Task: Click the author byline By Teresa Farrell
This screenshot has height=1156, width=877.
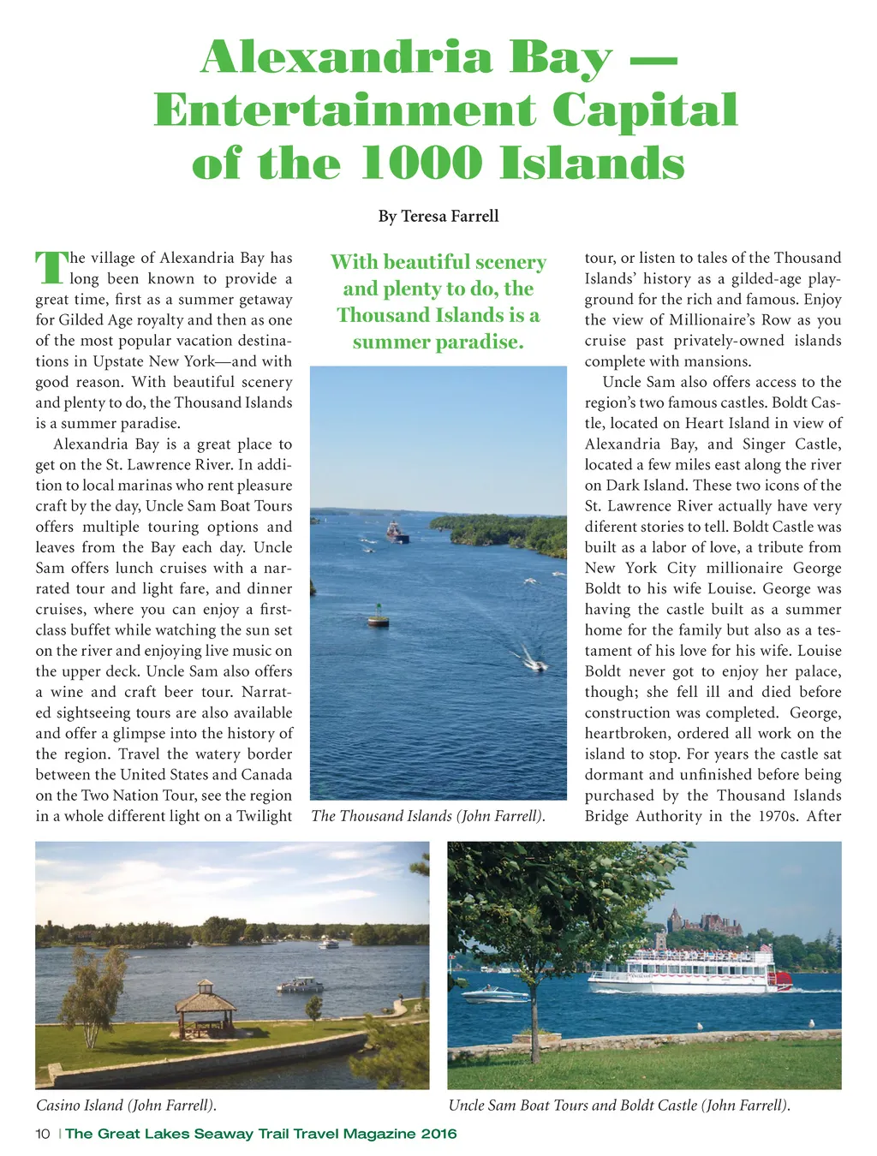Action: click(438, 216)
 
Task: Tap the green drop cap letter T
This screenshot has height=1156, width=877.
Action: click(50, 268)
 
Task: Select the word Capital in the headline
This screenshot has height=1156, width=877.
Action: click(644, 110)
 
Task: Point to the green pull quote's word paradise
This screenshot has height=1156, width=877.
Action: click(478, 342)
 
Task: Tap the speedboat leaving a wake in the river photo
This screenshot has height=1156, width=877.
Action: click(535, 664)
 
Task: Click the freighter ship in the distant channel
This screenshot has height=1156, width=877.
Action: click(397, 533)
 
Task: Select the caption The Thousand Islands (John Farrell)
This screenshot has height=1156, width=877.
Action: click(428, 816)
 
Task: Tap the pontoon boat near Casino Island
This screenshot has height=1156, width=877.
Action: click(300, 986)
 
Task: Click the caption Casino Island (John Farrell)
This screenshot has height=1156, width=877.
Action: click(126, 1105)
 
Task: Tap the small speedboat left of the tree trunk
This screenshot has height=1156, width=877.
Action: click(495, 995)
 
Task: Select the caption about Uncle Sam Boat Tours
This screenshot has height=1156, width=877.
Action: click(618, 1105)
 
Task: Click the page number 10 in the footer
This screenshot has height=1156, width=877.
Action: click(43, 1134)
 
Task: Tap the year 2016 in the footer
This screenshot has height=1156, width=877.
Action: click(438, 1134)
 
